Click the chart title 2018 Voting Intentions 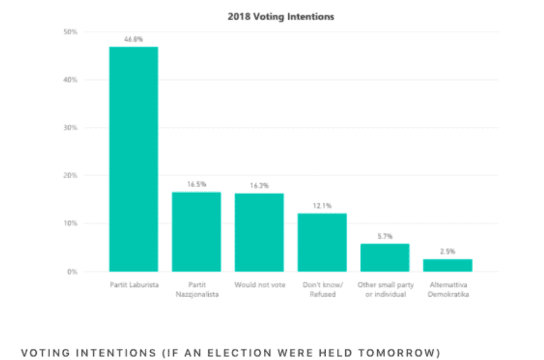[280, 17]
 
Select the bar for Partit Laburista [134, 159]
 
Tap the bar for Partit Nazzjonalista [196, 231]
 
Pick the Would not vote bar [259, 232]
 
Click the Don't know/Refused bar [322, 242]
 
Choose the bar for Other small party [385, 257]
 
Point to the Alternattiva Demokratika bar [448, 265]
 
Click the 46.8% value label [134, 39]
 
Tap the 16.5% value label [196, 184]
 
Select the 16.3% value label [259, 186]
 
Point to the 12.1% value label [322, 206]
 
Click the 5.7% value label [385, 236]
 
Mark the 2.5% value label [448, 251]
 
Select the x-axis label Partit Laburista [134, 285]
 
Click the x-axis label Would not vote [259, 285]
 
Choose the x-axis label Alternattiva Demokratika [448, 289]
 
